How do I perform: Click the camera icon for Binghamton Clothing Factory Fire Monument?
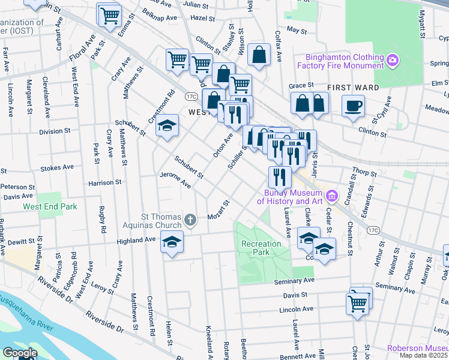393,59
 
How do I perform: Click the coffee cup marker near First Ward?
353,106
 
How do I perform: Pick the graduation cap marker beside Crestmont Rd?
167,126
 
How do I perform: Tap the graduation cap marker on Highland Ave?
172,242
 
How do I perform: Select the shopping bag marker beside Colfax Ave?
259,55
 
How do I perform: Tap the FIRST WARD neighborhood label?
354,88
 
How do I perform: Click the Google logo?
20,353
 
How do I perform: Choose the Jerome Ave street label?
175,180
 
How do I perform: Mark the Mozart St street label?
218,211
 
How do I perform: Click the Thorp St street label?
364,172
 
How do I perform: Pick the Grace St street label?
298,86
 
